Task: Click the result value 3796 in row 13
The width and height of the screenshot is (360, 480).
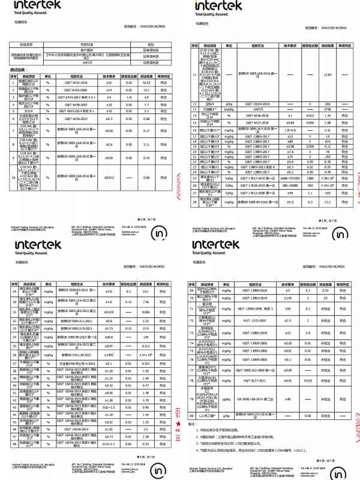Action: [x=328, y=109]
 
